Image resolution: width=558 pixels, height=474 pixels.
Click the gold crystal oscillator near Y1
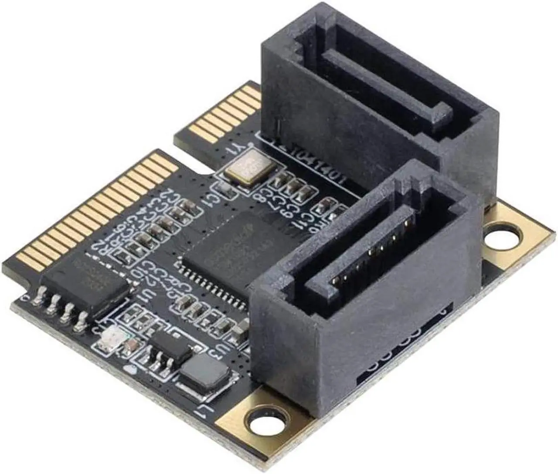coord(248,169)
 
